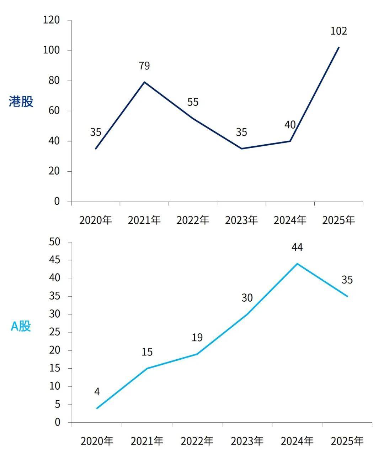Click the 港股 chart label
21,102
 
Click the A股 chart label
21,326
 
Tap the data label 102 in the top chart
338,31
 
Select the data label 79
144,66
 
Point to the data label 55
193,103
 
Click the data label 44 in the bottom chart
297,247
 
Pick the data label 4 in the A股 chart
97,392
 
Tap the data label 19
197,337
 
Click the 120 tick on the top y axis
52,20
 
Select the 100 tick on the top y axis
52,50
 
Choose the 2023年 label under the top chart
241,220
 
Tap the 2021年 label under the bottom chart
147,442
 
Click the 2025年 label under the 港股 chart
338,220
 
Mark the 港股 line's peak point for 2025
339,47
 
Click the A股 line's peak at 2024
297,264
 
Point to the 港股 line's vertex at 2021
144,82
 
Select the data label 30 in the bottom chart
247,298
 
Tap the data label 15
147,352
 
